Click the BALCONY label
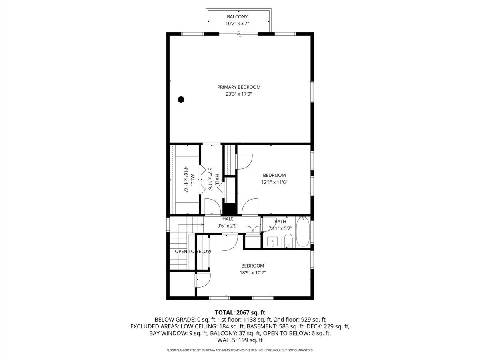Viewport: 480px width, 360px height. point(237,17)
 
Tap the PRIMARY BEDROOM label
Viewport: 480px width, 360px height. point(239,87)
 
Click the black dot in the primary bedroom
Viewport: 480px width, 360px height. point(181,100)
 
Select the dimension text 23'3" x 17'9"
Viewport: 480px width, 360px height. point(239,94)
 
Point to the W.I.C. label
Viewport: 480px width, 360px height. point(192,180)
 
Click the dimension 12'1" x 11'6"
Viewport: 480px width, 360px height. point(274,182)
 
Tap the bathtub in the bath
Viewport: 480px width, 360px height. point(303,232)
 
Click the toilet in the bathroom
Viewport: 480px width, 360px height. point(288,241)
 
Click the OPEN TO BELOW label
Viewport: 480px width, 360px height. point(193,251)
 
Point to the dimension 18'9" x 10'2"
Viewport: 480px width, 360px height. point(252,272)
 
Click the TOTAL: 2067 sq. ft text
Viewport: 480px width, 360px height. point(240,312)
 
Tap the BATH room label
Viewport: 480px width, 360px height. point(280,222)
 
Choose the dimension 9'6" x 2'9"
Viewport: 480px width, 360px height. point(228,226)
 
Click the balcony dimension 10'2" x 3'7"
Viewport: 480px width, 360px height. point(237,23)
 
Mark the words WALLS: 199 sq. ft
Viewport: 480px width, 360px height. point(240,340)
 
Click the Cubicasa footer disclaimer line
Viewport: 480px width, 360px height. point(240,350)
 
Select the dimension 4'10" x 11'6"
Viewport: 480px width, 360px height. point(186,179)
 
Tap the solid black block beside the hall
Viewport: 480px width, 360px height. point(230,209)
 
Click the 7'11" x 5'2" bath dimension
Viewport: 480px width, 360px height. point(280,228)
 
